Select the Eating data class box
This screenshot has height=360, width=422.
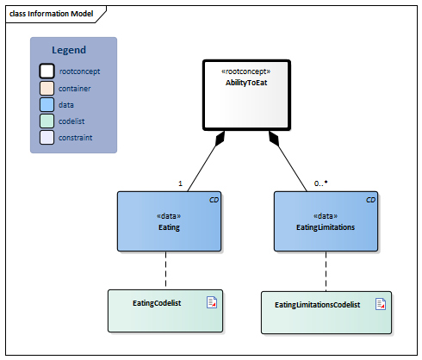(x=170, y=222)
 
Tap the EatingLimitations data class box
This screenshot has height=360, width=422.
(x=326, y=222)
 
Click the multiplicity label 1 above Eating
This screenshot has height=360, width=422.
(x=180, y=183)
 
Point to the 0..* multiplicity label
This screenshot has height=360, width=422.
(x=320, y=183)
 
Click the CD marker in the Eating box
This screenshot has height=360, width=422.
(x=214, y=200)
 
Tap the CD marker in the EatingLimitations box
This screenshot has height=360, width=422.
(x=370, y=200)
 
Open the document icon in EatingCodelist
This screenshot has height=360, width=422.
(x=211, y=301)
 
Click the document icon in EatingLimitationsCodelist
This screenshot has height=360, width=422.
(x=380, y=303)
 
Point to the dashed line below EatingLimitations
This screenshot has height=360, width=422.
(x=326, y=272)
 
